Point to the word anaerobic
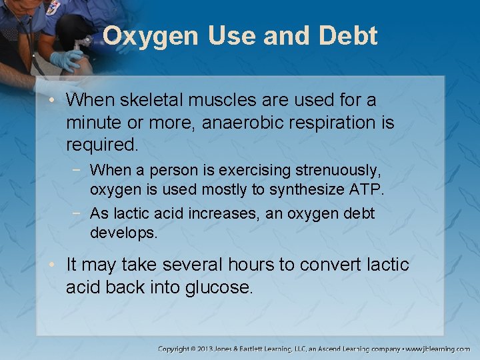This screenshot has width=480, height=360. pyautogui.click(x=244, y=123)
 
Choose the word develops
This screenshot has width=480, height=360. pyautogui.click(x=124, y=233)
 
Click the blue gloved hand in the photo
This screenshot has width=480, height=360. pyautogui.click(x=67, y=61)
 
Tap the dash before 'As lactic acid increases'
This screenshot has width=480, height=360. pyautogui.click(x=81, y=213)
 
